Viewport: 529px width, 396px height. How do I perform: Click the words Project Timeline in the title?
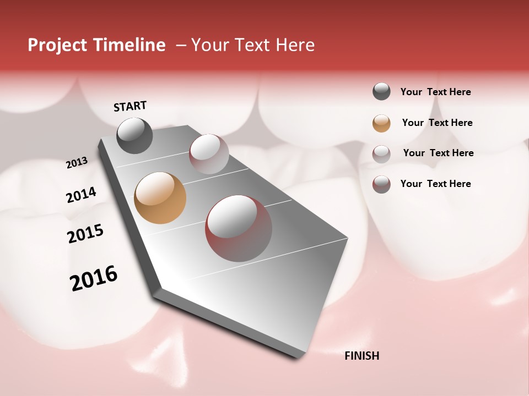(96, 45)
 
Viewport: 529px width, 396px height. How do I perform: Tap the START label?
(130, 106)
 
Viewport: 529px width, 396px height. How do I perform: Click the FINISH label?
(361, 356)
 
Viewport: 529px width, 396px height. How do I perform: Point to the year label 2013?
(77, 163)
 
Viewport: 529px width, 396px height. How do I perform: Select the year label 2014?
(81, 195)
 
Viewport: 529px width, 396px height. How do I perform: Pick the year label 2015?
(85, 234)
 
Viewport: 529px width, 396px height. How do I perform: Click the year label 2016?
(94, 278)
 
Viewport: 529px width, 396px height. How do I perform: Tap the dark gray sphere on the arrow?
(134, 135)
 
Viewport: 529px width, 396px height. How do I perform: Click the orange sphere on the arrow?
(160, 198)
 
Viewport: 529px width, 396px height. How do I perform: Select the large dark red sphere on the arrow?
(239, 228)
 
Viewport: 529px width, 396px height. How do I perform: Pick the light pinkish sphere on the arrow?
(209, 154)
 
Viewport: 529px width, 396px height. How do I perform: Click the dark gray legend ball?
(381, 92)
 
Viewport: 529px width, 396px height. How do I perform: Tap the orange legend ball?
(381, 123)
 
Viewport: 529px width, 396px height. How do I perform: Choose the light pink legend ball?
(381, 153)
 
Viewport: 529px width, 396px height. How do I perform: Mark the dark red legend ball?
(381, 184)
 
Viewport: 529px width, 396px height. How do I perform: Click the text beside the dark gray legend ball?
(435, 92)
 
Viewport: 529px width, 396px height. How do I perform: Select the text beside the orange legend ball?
(437, 123)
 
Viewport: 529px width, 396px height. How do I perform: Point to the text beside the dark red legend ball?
(435, 184)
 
